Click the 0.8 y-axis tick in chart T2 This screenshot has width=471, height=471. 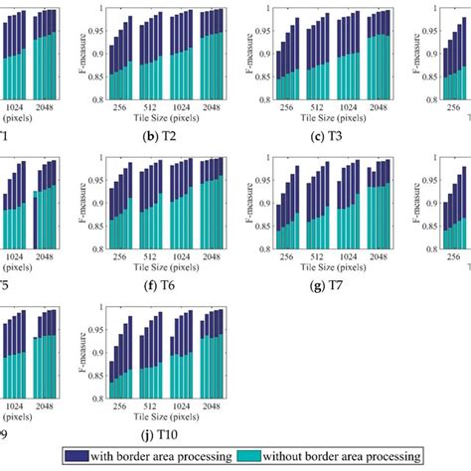pos(97,100)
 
